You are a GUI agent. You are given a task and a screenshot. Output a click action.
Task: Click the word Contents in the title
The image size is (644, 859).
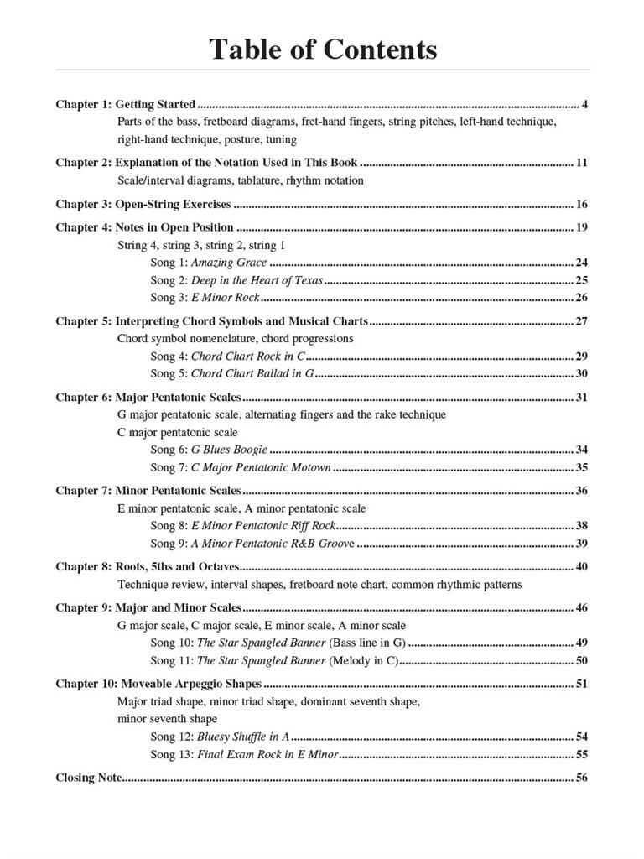coord(381,49)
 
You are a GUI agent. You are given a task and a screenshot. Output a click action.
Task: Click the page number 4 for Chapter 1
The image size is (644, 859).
coord(584,105)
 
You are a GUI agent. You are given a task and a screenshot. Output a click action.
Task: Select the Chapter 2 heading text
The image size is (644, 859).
coord(206,162)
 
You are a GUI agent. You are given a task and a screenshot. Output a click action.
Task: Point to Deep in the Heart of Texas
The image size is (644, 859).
coord(257,280)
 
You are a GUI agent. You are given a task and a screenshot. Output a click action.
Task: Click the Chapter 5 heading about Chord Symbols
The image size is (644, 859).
coord(211,321)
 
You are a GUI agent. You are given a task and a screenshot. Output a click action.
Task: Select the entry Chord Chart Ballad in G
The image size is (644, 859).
coord(252,373)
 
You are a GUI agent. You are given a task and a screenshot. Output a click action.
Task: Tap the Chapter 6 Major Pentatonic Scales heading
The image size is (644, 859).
coord(148,397)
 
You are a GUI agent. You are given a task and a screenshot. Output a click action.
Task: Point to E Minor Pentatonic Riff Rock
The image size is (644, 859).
coord(263,526)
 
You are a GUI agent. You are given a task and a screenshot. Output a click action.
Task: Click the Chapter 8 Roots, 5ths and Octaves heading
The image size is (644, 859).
coord(148,567)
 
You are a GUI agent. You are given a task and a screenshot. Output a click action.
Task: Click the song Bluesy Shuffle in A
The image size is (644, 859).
coord(243,737)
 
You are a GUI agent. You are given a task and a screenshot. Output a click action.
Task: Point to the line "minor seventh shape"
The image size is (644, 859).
coord(167,718)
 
